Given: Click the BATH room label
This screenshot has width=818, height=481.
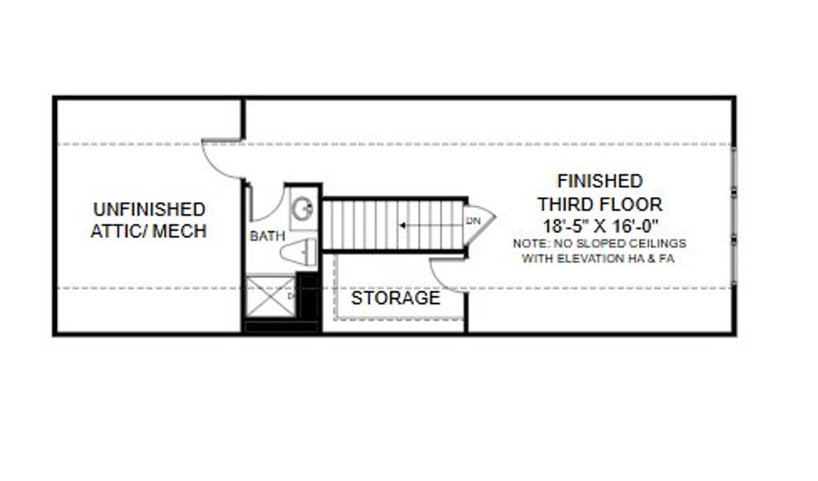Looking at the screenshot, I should click(x=267, y=236).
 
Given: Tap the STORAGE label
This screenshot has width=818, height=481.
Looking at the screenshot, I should click(x=395, y=298).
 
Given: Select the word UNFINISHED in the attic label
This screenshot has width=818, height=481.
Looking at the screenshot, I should click(x=149, y=210).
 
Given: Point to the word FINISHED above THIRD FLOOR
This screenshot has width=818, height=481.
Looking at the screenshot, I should click(x=600, y=181).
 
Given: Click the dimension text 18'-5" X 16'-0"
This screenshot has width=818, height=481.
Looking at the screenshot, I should click(x=600, y=225).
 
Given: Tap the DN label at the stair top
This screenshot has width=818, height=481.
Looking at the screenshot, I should click(x=473, y=220).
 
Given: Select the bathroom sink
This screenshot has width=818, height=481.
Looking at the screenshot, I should click(x=303, y=210).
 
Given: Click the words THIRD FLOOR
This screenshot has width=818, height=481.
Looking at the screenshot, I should click(x=600, y=204).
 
